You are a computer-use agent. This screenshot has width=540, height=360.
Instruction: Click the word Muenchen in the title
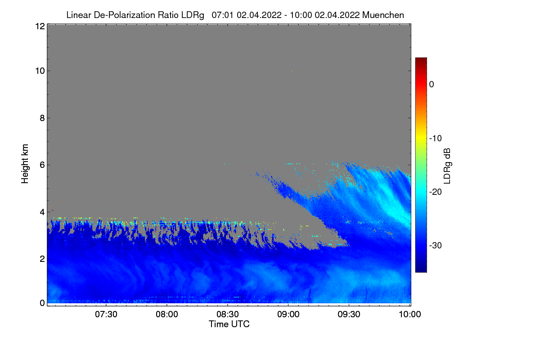coord(383,15)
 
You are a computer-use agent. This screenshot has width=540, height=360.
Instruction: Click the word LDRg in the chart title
coord(193,15)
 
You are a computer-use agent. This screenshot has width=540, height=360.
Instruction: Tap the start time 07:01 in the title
coord(222,15)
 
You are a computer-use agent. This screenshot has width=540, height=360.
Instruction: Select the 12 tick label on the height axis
coord(40,26)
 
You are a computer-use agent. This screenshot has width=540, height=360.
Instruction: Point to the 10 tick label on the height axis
coord(40,71)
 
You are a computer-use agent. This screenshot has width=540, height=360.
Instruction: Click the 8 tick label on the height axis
coord(42,118)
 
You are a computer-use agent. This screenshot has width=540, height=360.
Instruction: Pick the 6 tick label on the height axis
coord(42,165)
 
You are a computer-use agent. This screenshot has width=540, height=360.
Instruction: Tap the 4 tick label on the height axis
coord(42,212)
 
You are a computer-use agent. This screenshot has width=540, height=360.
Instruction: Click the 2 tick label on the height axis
coord(42,259)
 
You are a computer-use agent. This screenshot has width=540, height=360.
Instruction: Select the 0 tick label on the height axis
coord(42,303)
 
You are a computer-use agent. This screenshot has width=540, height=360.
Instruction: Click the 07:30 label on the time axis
coord(106,314)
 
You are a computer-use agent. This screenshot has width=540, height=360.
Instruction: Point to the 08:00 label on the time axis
coord(167,314)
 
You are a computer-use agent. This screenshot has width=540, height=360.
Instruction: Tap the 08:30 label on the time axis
coord(228,314)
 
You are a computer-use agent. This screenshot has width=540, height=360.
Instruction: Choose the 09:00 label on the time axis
coord(288,314)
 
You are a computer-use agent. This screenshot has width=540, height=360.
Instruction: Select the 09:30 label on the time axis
coord(349,314)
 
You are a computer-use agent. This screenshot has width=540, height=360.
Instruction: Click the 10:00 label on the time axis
coord(410,314)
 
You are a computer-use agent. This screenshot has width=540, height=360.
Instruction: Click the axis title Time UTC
coord(229,324)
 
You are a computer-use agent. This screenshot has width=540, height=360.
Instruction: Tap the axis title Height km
coord(25,164)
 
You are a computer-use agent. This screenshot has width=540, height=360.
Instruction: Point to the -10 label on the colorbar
coord(436,139)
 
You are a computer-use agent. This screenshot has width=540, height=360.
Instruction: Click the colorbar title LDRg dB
coord(447,166)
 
